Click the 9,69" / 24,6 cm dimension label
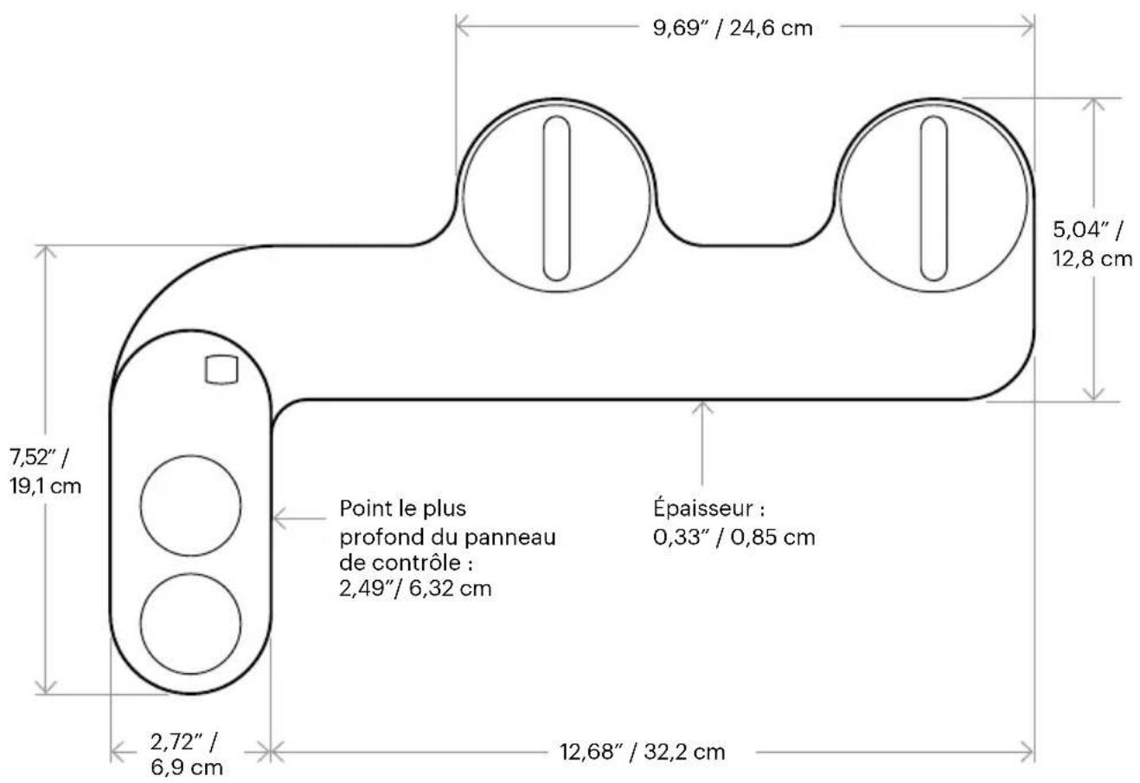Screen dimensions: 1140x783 click(x=733, y=28)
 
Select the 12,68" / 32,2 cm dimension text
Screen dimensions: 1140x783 click(x=643, y=752)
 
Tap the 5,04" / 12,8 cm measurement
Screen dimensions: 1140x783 click(x=1092, y=245)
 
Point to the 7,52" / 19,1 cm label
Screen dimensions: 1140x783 click(x=45, y=472)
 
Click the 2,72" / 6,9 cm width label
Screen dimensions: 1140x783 click(x=186, y=754)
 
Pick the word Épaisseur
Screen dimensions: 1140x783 click(x=704, y=509)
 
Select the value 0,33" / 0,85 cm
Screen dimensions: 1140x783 click(x=733, y=538)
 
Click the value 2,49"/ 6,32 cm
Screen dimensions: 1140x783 click(x=415, y=589)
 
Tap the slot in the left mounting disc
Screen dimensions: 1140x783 click(x=556, y=198)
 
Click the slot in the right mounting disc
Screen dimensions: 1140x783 click(x=933, y=198)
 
